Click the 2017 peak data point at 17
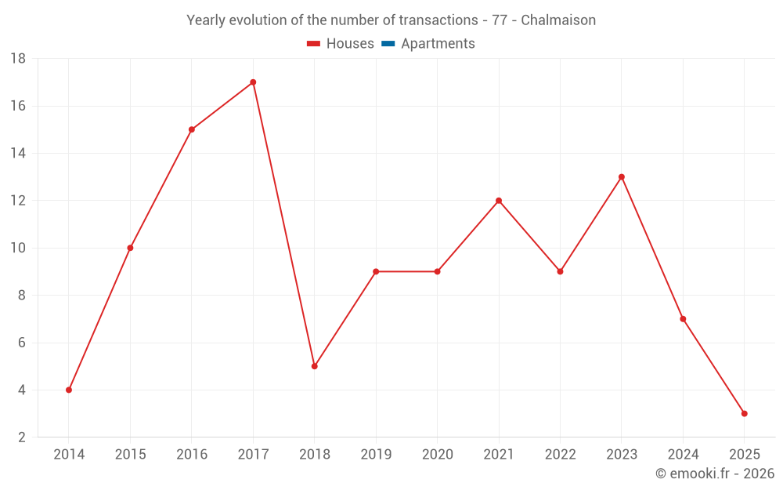pos(253,82)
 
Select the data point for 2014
pos(69,390)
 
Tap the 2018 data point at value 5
pos(314,366)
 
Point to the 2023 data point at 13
pos(622,177)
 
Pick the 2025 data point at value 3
pos(745,413)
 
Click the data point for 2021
pos(499,201)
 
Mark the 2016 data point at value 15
pos(192,129)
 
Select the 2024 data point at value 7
pos(683,319)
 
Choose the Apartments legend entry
pos(438,44)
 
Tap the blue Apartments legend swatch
pos(388,44)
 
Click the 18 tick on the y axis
pos(18,59)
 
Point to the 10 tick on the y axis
pos(18,248)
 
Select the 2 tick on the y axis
pos(22,437)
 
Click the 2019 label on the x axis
pos(376,455)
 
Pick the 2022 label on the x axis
pos(560,455)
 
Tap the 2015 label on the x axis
pos(130,455)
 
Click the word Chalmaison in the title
pos(558,20)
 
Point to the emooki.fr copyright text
pos(715,474)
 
